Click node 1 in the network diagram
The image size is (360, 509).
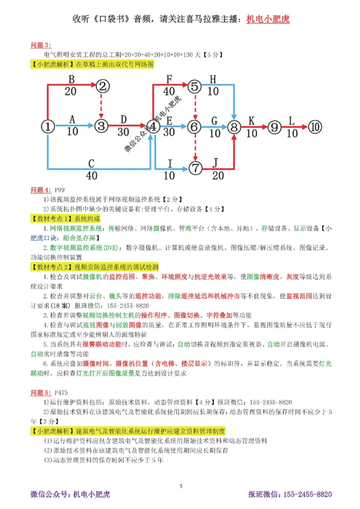48,127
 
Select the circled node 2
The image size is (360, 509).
103,85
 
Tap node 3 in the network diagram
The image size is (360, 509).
102,127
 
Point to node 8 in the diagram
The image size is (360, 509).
234,127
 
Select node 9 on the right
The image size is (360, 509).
274,127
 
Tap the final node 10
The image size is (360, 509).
316,127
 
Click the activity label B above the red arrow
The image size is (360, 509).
71,79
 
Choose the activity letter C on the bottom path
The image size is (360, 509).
91,163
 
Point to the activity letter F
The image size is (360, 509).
169,79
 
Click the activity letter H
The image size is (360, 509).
213,79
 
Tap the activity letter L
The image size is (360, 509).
292,121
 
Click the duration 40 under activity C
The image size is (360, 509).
91,175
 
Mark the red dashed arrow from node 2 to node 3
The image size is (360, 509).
103,106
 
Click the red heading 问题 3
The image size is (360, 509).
41,45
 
